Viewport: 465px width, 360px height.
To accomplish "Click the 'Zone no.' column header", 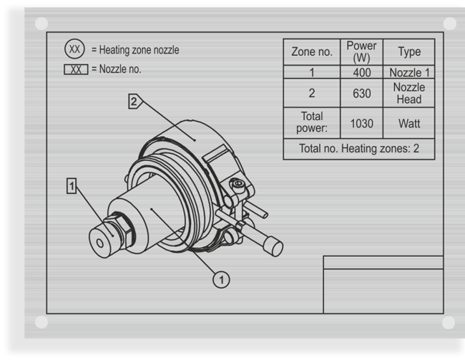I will point(311,52).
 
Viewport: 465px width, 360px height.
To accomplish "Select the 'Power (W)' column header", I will point(361,52).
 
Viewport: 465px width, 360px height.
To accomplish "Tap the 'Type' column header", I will point(408,52).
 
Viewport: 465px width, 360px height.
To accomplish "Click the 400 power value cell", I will point(361,72).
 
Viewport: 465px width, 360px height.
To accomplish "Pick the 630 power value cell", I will point(361,93).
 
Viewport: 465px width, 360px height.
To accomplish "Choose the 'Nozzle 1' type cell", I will point(408,72).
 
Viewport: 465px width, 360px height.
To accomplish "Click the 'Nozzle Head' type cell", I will point(408,93).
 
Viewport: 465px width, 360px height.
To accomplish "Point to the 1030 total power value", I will point(361,123).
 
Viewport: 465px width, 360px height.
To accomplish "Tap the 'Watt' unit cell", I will point(408,123).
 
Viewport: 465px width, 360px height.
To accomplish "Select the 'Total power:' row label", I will point(311,122).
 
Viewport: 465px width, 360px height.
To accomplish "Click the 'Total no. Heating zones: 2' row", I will point(358,149).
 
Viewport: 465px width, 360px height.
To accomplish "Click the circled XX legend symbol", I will point(75,50).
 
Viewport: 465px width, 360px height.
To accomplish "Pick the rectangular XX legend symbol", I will point(76,69).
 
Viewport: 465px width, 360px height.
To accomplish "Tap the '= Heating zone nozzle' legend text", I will point(135,50).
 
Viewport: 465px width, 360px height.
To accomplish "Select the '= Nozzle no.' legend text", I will point(116,69).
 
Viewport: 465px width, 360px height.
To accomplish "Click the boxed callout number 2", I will point(134,102).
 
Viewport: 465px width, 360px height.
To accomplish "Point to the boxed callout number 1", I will point(72,186).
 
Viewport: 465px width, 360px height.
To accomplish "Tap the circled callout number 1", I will point(222,279).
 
